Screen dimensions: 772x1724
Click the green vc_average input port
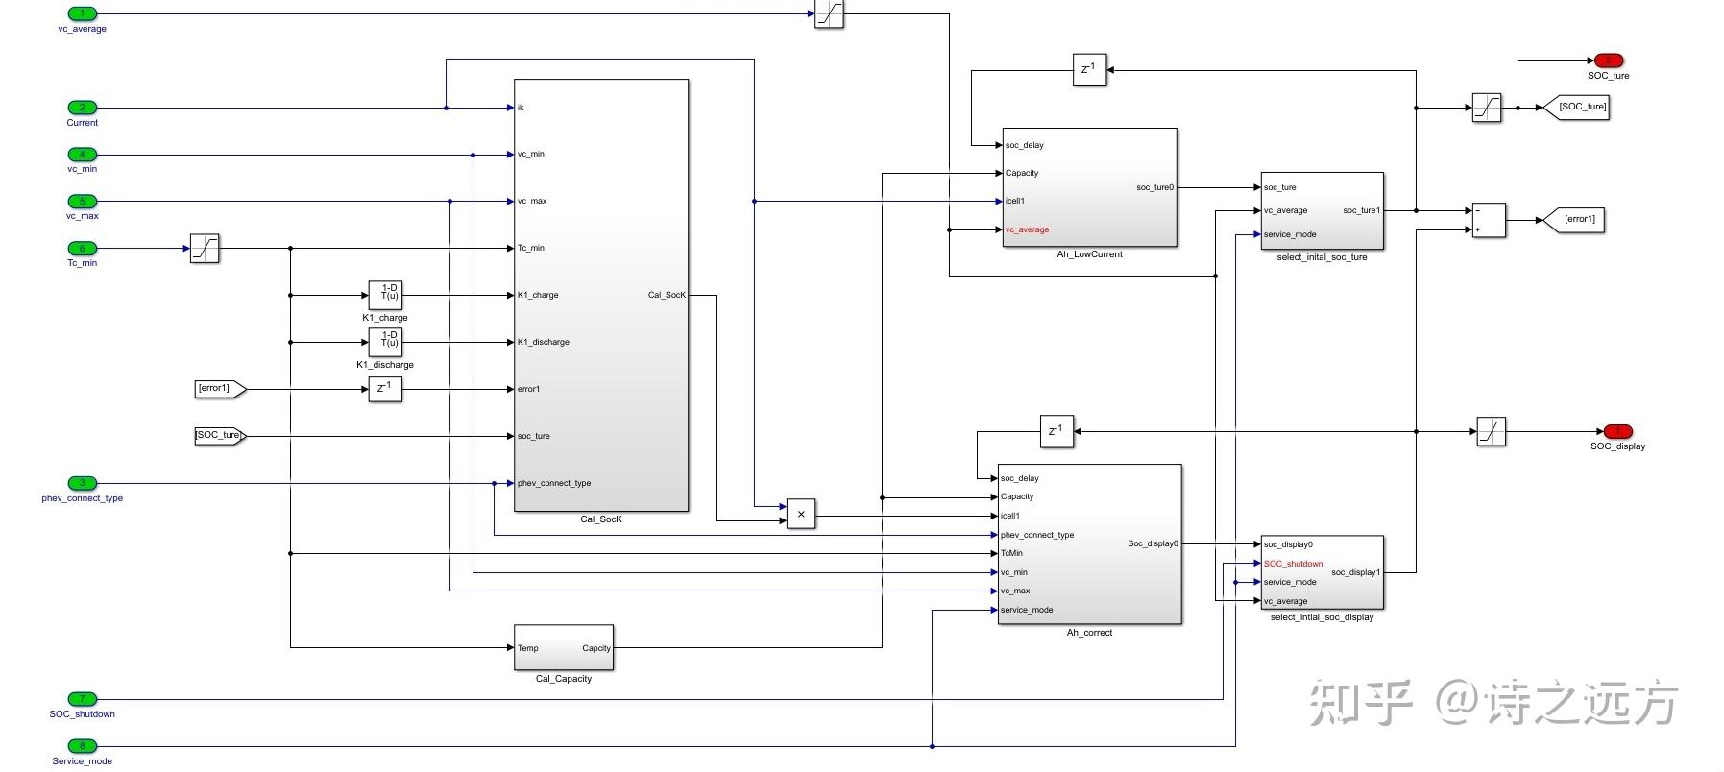82,13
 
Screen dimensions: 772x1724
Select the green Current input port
82,108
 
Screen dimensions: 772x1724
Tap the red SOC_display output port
1617,431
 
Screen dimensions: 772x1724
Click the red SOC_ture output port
1608,60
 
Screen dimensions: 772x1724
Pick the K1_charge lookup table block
385,295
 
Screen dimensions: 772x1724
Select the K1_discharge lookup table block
385,342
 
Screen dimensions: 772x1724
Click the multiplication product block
800,514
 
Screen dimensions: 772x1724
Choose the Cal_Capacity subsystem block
564,648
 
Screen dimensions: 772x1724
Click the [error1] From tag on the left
220,389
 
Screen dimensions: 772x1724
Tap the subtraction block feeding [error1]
1488,220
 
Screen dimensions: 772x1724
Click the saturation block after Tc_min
205,249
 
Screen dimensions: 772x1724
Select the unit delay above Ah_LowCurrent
1089,70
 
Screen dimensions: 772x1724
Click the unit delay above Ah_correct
1056,431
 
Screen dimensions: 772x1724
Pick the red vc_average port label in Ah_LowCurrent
1027,229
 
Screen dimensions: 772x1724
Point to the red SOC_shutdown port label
1293,564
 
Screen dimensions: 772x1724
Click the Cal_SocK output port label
667,295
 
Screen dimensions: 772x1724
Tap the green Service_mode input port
82,746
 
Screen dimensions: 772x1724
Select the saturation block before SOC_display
1491,431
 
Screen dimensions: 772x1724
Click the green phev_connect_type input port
82,483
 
